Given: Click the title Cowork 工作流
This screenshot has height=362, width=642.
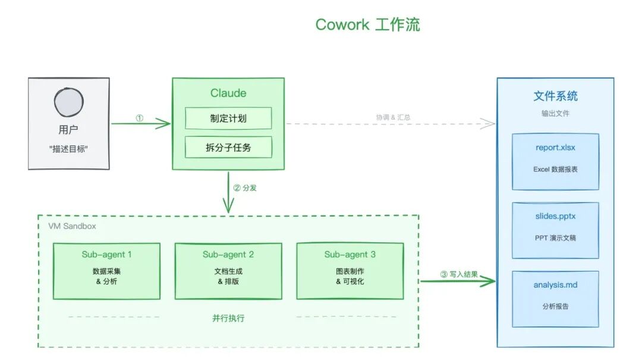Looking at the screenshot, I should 367,24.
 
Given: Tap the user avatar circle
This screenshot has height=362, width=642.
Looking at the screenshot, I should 69,102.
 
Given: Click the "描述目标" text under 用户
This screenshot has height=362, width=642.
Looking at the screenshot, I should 68,149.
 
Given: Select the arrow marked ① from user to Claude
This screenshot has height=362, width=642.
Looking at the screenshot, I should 140,123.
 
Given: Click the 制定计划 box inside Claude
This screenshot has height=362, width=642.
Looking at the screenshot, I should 228,118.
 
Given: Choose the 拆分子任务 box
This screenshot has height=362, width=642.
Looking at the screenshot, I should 228,147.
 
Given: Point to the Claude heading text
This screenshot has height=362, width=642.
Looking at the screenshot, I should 228,93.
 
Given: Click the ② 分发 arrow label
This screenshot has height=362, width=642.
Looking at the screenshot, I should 244,188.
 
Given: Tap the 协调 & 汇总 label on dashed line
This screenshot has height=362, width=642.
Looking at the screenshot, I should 393,117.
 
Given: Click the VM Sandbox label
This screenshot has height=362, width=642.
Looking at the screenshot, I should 72,226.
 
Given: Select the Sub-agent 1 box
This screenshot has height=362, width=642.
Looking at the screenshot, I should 106,271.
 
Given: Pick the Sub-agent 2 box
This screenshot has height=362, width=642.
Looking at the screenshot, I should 228,271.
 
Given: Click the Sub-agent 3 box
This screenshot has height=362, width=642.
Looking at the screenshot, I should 350,271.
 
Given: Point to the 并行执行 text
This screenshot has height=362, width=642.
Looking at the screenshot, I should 228,318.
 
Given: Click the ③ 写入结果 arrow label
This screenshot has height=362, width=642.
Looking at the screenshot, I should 459,274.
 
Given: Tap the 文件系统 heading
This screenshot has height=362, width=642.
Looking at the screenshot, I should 555,96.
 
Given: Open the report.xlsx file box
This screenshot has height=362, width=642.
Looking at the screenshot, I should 555,161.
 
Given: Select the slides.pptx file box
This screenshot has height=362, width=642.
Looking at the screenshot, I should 555,230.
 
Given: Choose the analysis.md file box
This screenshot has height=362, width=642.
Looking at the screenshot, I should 555,298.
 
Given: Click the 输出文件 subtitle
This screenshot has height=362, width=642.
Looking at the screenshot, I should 555,113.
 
